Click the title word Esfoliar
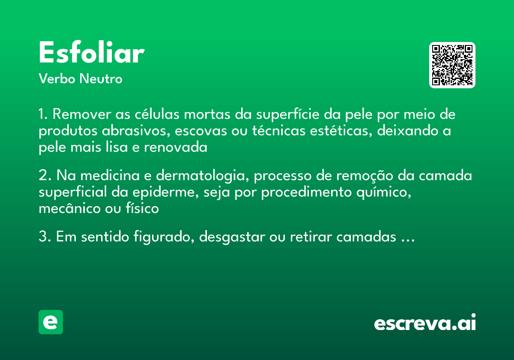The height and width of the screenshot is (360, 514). pyautogui.click(x=91, y=53)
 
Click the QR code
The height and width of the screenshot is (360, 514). pyautogui.click(x=452, y=65)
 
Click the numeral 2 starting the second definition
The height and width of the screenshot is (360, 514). pyautogui.click(x=42, y=176)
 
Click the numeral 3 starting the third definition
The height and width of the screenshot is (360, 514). pyautogui.click(x=42, y=237)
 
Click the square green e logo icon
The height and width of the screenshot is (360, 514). pyautogui.click(x=51, y=322)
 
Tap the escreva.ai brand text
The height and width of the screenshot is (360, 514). pyautogui.click(x=424, y=324)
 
